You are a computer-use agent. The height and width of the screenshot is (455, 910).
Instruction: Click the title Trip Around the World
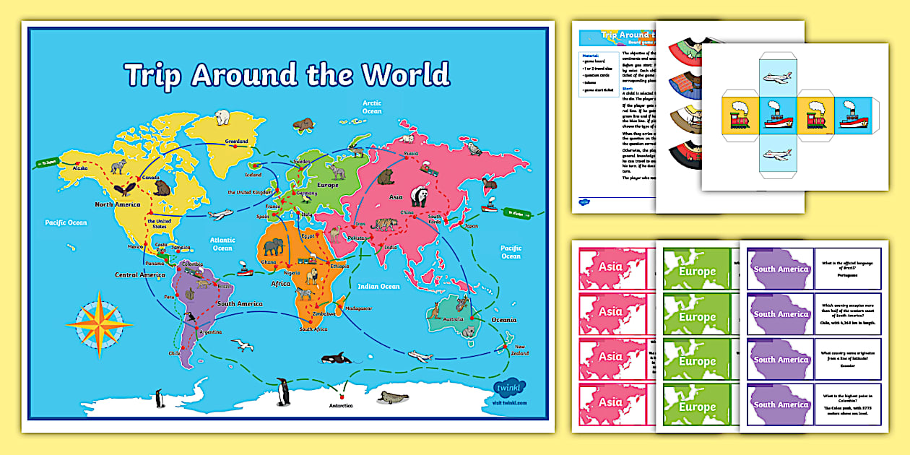point(287,75)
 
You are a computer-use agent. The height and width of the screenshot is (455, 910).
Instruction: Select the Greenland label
point(236,141)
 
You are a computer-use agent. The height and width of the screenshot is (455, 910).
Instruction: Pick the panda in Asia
point(420,196)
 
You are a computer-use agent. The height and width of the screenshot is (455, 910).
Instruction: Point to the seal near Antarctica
point(394,397)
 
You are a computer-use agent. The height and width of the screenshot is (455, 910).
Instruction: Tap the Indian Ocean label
point(379,287)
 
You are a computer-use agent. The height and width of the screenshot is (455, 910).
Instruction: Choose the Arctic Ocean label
point(372,108)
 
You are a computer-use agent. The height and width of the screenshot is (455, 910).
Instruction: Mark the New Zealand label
point(520,350)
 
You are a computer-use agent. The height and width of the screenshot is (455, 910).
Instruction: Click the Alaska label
point(79,168)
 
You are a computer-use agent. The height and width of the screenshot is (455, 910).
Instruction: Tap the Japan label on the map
point(471,225)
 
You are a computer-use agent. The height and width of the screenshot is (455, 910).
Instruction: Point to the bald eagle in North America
point(126,189)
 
